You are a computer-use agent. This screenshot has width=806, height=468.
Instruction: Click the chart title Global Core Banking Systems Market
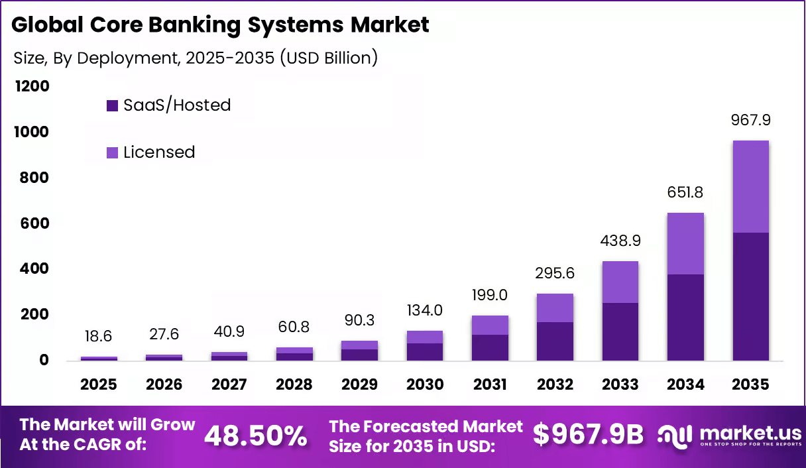click(221, 25)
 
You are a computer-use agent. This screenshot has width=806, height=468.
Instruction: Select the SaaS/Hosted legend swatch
click(112, 105)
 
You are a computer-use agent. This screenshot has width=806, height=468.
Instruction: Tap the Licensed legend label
click(159, 152)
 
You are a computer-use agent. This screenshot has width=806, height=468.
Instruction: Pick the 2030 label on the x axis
click(425, 385)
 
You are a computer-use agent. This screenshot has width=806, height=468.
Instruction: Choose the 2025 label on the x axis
click(99, 385)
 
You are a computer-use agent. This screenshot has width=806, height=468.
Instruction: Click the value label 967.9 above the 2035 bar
click(750, 121)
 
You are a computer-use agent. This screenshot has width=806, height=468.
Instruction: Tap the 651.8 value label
click(685, 193)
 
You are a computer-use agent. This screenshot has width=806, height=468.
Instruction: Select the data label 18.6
click(99, 337)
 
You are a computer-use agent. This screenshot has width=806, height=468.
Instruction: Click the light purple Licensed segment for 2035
click(750, 186)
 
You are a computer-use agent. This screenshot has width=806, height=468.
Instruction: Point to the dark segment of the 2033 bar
click(620, 331)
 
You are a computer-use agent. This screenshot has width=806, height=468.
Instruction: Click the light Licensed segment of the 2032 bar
click(555, 308)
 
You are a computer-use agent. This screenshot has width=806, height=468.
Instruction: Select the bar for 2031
click(490, 338)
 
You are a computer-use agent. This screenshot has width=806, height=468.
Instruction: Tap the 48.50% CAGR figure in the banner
click(255, 436)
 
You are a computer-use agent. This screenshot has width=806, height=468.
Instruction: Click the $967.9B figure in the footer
click(589, 434)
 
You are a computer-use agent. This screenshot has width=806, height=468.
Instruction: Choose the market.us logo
click(729, 435)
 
